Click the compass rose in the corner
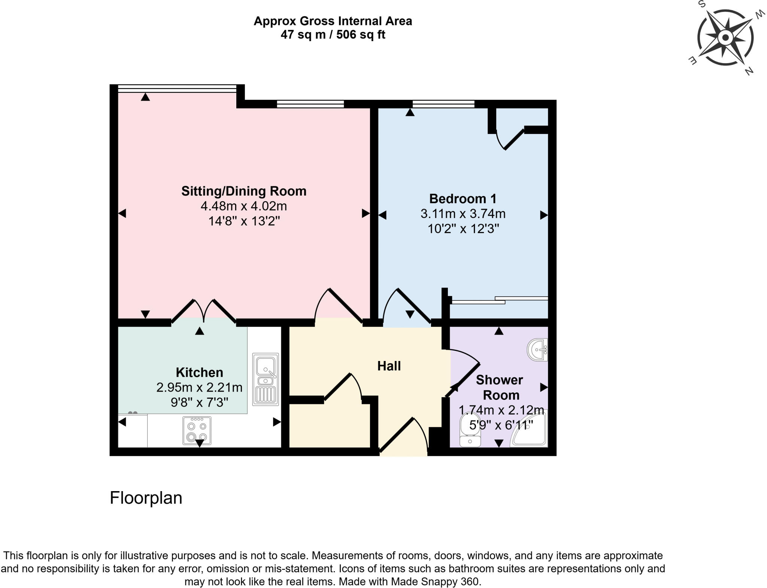tap(725, 37)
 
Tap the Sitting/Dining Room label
tap(244, 191)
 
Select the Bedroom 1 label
tap(463, 198)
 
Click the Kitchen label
tap(199, 373)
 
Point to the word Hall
tap(389, 366)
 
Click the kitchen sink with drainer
tap(266, 379)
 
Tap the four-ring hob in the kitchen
tap(197, 431)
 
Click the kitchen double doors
tap(204, 310)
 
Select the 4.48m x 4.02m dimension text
tap(244, 206)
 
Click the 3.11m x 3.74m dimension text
tap(463, 214)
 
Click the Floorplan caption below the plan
tap(146, 498)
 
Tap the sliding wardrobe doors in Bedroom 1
tap(499, 300)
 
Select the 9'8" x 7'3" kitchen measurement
tap(199, 402)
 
